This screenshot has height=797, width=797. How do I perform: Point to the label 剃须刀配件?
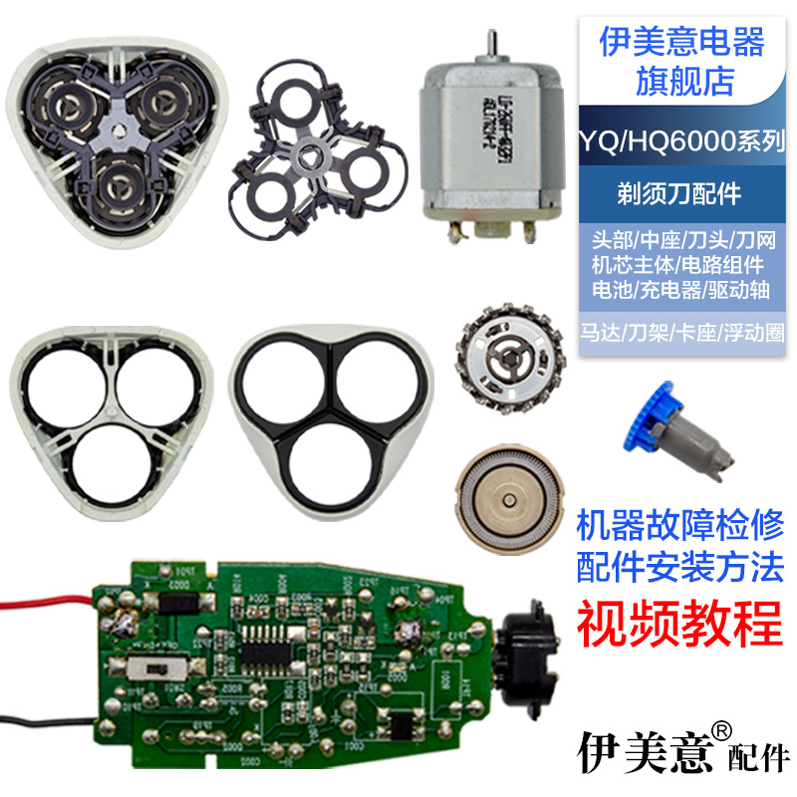point(681,193)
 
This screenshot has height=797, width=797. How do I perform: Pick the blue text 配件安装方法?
point(681,567)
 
